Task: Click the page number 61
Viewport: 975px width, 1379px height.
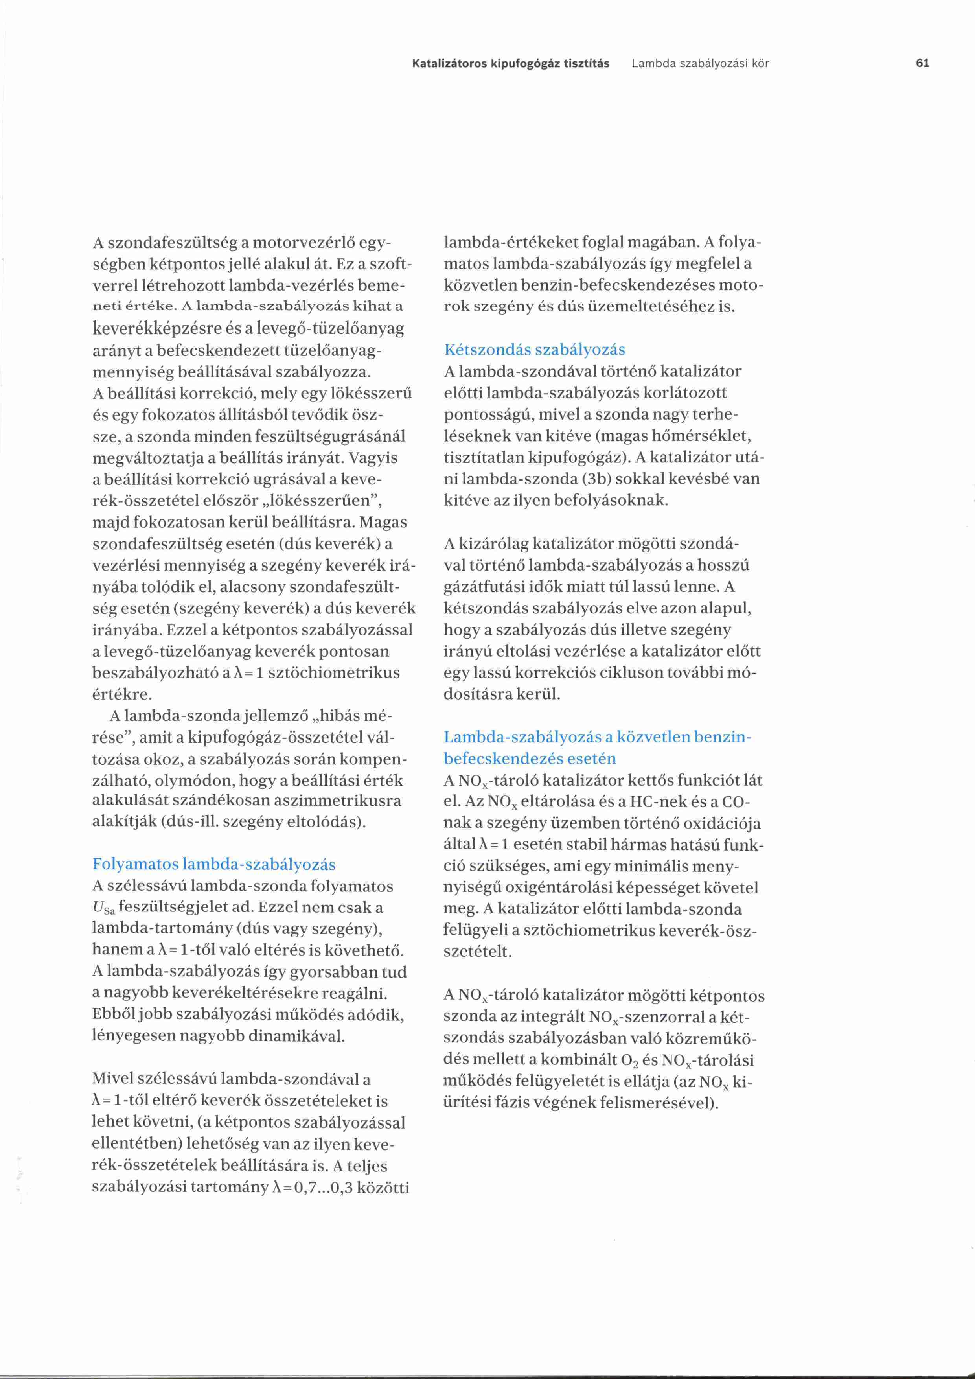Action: (923, 63)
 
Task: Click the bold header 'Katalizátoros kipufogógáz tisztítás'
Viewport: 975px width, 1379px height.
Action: (510, 63)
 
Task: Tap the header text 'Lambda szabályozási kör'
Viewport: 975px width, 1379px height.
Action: (700, 63)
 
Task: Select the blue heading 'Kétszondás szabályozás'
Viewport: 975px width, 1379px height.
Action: (534, 350)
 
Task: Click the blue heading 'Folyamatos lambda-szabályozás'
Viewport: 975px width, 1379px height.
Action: (214, 864)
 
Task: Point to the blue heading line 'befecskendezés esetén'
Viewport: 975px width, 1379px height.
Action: (530, 759)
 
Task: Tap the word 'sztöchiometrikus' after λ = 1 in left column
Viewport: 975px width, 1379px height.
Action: (334, 673)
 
